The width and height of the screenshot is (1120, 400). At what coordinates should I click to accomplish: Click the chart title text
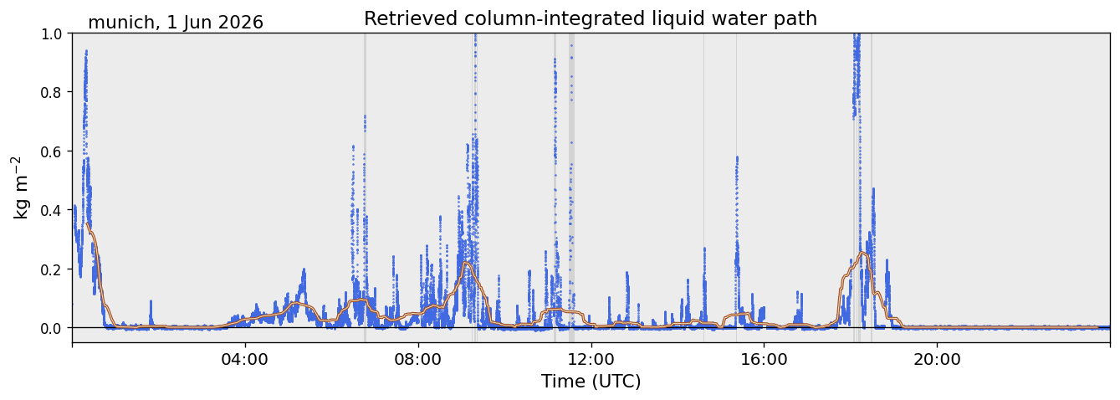(x=590, y=19)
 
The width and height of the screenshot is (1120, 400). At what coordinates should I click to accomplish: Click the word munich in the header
(x=121, y=23)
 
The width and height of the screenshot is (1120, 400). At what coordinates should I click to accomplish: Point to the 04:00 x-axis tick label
(x=245, y=359)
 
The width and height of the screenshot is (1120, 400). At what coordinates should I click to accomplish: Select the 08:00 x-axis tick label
(x=418, y=359)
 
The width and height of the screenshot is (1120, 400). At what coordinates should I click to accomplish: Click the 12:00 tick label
(x=591, y=359)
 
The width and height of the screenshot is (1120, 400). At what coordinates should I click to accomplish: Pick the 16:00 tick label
(x=764, y=359)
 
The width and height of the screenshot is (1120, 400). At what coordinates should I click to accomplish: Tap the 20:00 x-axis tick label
(x=937, y=359)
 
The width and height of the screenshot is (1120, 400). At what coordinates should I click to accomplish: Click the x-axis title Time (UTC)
(x=591, y=382)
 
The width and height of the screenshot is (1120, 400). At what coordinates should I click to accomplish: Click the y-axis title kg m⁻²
(x=20, y=187)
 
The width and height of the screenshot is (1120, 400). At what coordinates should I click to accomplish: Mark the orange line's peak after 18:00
(x=862, y=253)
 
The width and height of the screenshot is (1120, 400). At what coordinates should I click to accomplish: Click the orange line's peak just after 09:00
(x=467, y=263)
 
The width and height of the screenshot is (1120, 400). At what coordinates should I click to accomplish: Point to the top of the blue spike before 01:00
(x=86, y=50)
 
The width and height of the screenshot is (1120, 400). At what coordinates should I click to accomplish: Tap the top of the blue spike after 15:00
(x=737, y=157)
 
